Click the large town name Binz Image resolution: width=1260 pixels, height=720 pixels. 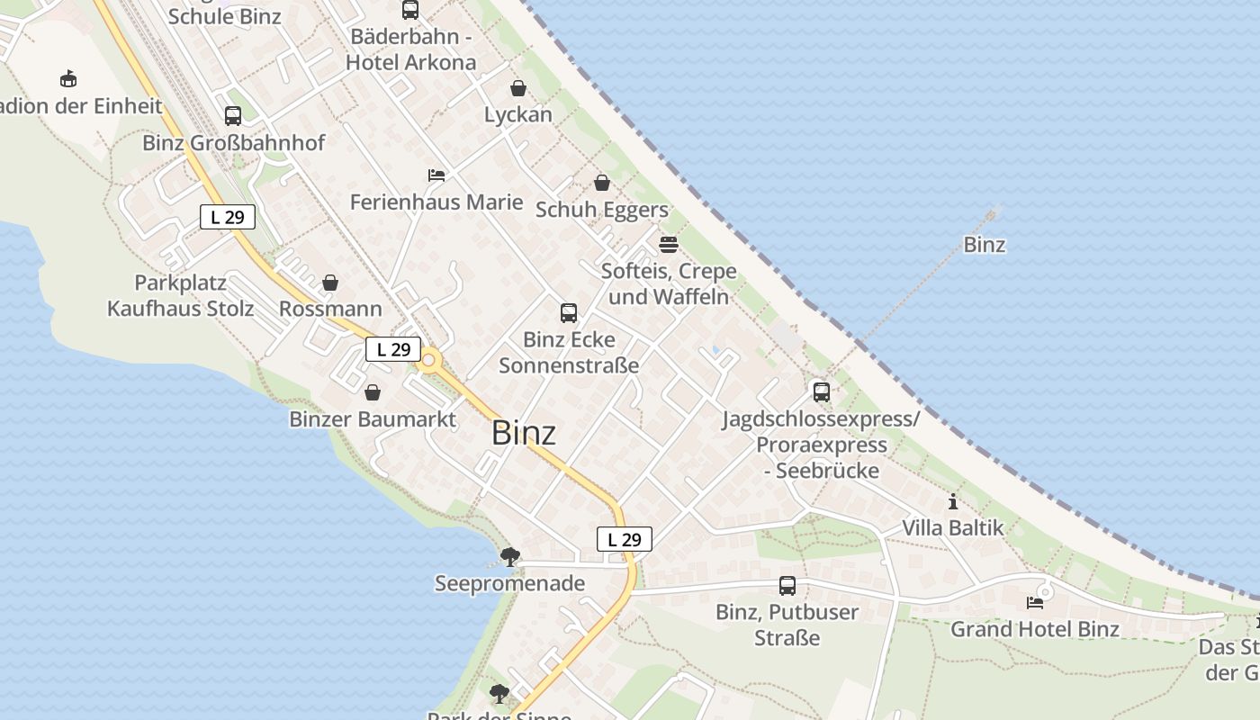click(x=524, y=433)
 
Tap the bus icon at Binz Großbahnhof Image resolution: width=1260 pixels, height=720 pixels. click(x=232, y=116)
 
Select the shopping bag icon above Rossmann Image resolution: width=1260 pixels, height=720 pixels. click(x=330, y=283)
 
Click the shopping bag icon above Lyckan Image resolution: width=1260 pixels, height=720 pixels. click(x=518, y=88)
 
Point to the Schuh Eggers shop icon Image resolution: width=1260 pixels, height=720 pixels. click(x=602, y=184)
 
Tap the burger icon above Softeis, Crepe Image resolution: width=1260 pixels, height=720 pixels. click(x=668, y=245)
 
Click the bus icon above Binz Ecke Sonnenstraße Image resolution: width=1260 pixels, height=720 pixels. click(x=569, y=313)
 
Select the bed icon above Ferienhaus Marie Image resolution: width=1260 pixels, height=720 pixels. click(x=436, y=175)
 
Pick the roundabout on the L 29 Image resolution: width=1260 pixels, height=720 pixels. click(x=428, y=362)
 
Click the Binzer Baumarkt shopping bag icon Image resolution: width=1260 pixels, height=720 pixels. click(x=373, y=393)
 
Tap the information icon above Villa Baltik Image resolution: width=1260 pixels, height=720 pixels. click(x=953, y=501)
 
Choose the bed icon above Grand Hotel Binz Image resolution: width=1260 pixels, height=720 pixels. click(x=1035, y=602)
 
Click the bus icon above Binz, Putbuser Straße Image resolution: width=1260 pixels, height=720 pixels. click(x=787, y=586)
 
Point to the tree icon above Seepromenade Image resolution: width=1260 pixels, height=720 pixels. click(x=509, y=556)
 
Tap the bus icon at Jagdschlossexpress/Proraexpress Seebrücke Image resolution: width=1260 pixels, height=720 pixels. click(x=821, y=392)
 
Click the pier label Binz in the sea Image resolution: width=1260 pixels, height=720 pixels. click(x=984, y=245)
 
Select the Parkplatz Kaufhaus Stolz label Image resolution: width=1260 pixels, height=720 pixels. click(x=180, y=295)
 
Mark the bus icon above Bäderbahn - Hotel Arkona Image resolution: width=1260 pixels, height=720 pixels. click(x=410, y=11)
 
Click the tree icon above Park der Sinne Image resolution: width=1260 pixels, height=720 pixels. click(x=499, y=694)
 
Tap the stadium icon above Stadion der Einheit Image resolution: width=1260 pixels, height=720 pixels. click(x=68, y=79)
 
